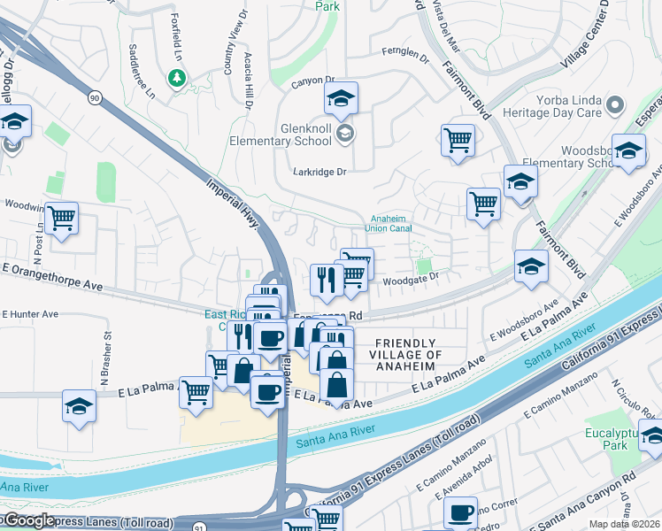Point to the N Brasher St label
point(109,347)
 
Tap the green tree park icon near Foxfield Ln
point(178,79)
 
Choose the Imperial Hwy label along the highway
point(235,203)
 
